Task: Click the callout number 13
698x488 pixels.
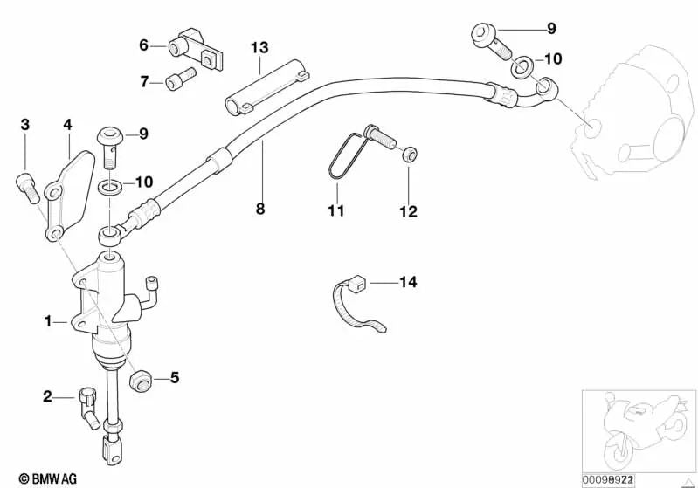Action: point(259,46)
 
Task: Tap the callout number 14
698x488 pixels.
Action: point(408,282)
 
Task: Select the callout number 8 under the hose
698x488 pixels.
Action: point(260,210)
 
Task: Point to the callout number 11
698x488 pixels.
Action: point(336,210)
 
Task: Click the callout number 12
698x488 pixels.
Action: point(408,211)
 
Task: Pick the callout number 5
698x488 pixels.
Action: point(174,378)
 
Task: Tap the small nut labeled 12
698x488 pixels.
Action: point(408,156)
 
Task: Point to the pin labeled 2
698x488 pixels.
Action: point(87,407)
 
